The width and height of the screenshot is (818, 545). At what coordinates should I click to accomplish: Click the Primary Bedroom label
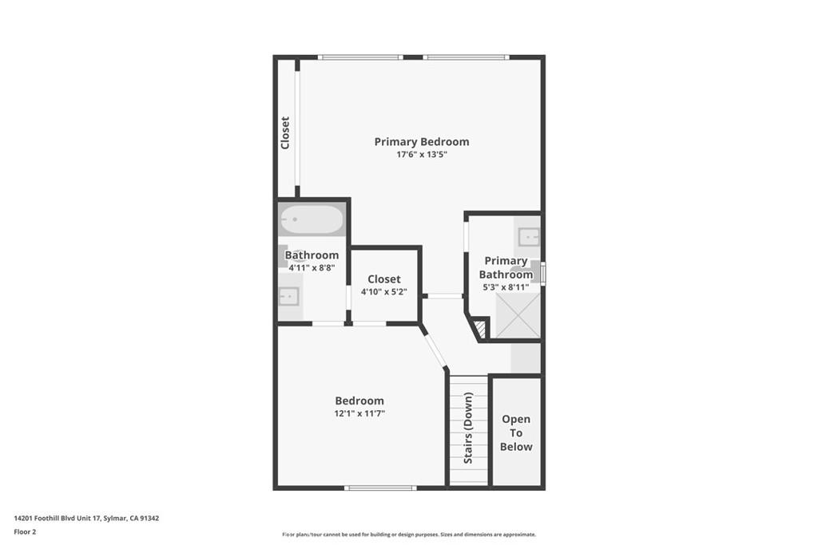(x=422, y=142)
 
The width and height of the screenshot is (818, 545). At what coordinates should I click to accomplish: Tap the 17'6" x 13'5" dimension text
(x=422, y=154)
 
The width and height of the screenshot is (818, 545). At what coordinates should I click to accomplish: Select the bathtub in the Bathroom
(x=312, y=219)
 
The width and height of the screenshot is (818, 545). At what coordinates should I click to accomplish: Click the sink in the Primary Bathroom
(x=529, y=237)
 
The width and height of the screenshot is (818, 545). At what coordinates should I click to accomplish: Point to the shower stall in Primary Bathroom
(x=518, y=315)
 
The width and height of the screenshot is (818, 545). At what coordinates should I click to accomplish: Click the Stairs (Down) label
(x=468, y=428)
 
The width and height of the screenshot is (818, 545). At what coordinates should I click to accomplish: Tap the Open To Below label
(x=516, y=433)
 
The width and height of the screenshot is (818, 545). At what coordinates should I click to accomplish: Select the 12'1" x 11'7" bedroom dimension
(x=359, y=413)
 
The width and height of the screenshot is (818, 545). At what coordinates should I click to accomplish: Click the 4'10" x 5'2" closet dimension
(x=384, y=292)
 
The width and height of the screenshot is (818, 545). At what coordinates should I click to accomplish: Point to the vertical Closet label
(x=285, y=133)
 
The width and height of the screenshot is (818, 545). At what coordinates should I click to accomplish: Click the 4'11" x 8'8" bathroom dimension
(x=312, y=268)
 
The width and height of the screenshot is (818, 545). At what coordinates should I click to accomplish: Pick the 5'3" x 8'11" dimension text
(x=506, y=287)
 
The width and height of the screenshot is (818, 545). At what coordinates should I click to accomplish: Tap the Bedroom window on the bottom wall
(x=380, y=488)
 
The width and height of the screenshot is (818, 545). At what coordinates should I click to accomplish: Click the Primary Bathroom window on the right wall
(x=542, y=273)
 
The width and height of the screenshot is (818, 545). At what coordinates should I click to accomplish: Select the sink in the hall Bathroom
(x=288, y=297)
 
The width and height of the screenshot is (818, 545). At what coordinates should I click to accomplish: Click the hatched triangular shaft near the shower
(x=480, y=330)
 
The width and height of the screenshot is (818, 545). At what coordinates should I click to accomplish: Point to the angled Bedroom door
(x=435, y=348)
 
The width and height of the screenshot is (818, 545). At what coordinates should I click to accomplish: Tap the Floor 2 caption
(x=25, y=532)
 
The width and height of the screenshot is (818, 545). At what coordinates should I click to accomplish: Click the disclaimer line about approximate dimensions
(x=409, y=535)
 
